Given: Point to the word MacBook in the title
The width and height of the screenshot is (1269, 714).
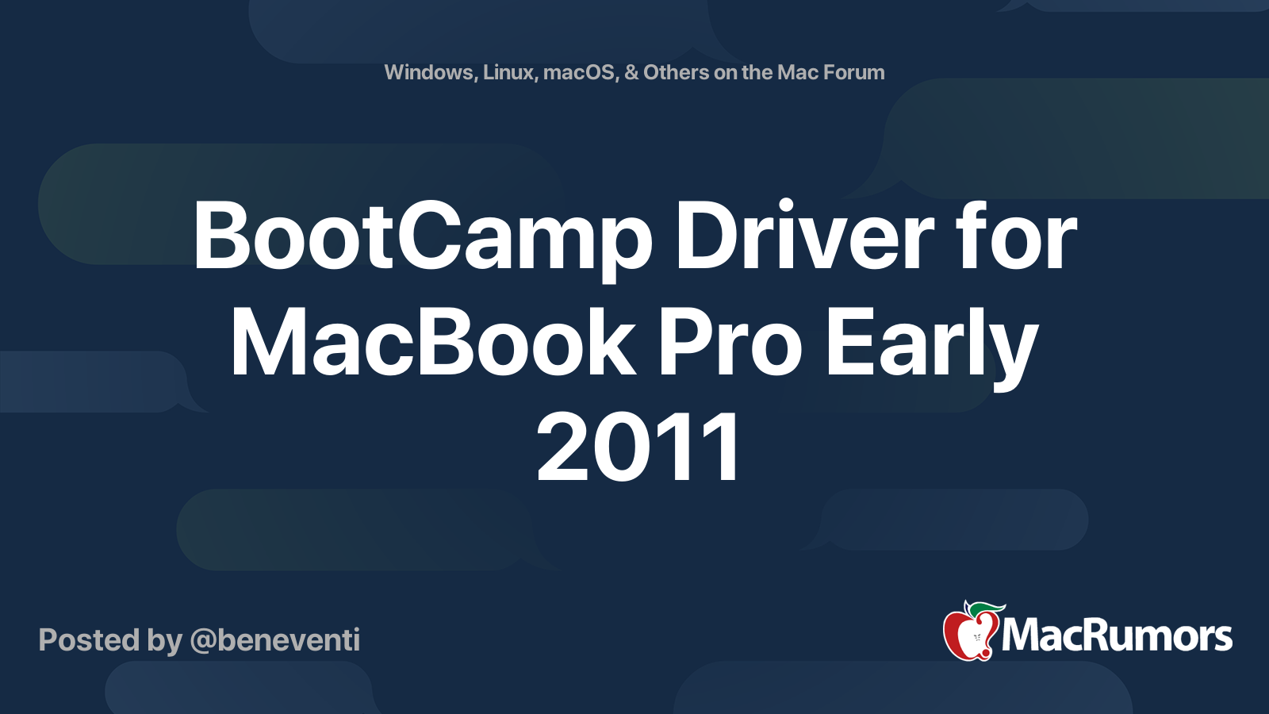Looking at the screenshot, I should click(433, 343).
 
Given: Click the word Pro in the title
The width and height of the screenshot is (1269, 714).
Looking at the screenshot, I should click(730, 343).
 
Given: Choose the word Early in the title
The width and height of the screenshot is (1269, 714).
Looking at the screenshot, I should click(931, 344).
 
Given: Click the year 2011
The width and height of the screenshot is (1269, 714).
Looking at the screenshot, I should click(638, 448).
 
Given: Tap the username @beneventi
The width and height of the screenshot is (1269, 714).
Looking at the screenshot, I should click(275, 640).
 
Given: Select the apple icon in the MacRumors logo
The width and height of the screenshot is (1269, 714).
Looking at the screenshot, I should click(969, 633).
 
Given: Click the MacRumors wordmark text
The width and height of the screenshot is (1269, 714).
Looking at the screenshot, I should click(1117, 636).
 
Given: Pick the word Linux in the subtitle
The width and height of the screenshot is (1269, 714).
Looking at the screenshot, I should click(508, 72).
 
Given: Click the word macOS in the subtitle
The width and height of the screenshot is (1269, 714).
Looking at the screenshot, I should click(580, 72).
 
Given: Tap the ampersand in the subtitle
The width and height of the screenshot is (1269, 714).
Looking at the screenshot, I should click(631, 72).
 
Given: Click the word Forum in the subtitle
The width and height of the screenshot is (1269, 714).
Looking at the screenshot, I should click(854, 72).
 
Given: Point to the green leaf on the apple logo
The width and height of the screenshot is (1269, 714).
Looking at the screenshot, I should click(987, 609).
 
